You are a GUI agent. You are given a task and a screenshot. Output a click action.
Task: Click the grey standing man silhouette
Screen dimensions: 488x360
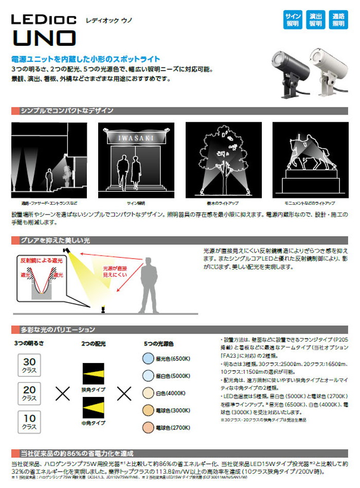coord(153,283)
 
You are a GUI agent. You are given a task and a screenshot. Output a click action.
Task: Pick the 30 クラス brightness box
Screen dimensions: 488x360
coord(29,366)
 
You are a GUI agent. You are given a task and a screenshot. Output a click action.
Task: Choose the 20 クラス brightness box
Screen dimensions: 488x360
coord(29,394)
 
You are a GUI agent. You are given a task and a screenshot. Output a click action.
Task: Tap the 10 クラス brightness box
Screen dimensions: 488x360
coord(29,422)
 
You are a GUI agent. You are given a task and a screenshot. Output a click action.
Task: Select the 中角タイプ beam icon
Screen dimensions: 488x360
coord(93,411)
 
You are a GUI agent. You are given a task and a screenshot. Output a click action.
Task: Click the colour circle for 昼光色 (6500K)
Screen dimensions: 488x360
coord(148,359)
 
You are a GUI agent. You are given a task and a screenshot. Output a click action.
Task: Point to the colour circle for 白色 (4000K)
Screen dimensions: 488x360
coord(148,393)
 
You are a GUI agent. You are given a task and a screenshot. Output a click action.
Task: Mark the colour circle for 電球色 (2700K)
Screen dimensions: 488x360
coord(148,428)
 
